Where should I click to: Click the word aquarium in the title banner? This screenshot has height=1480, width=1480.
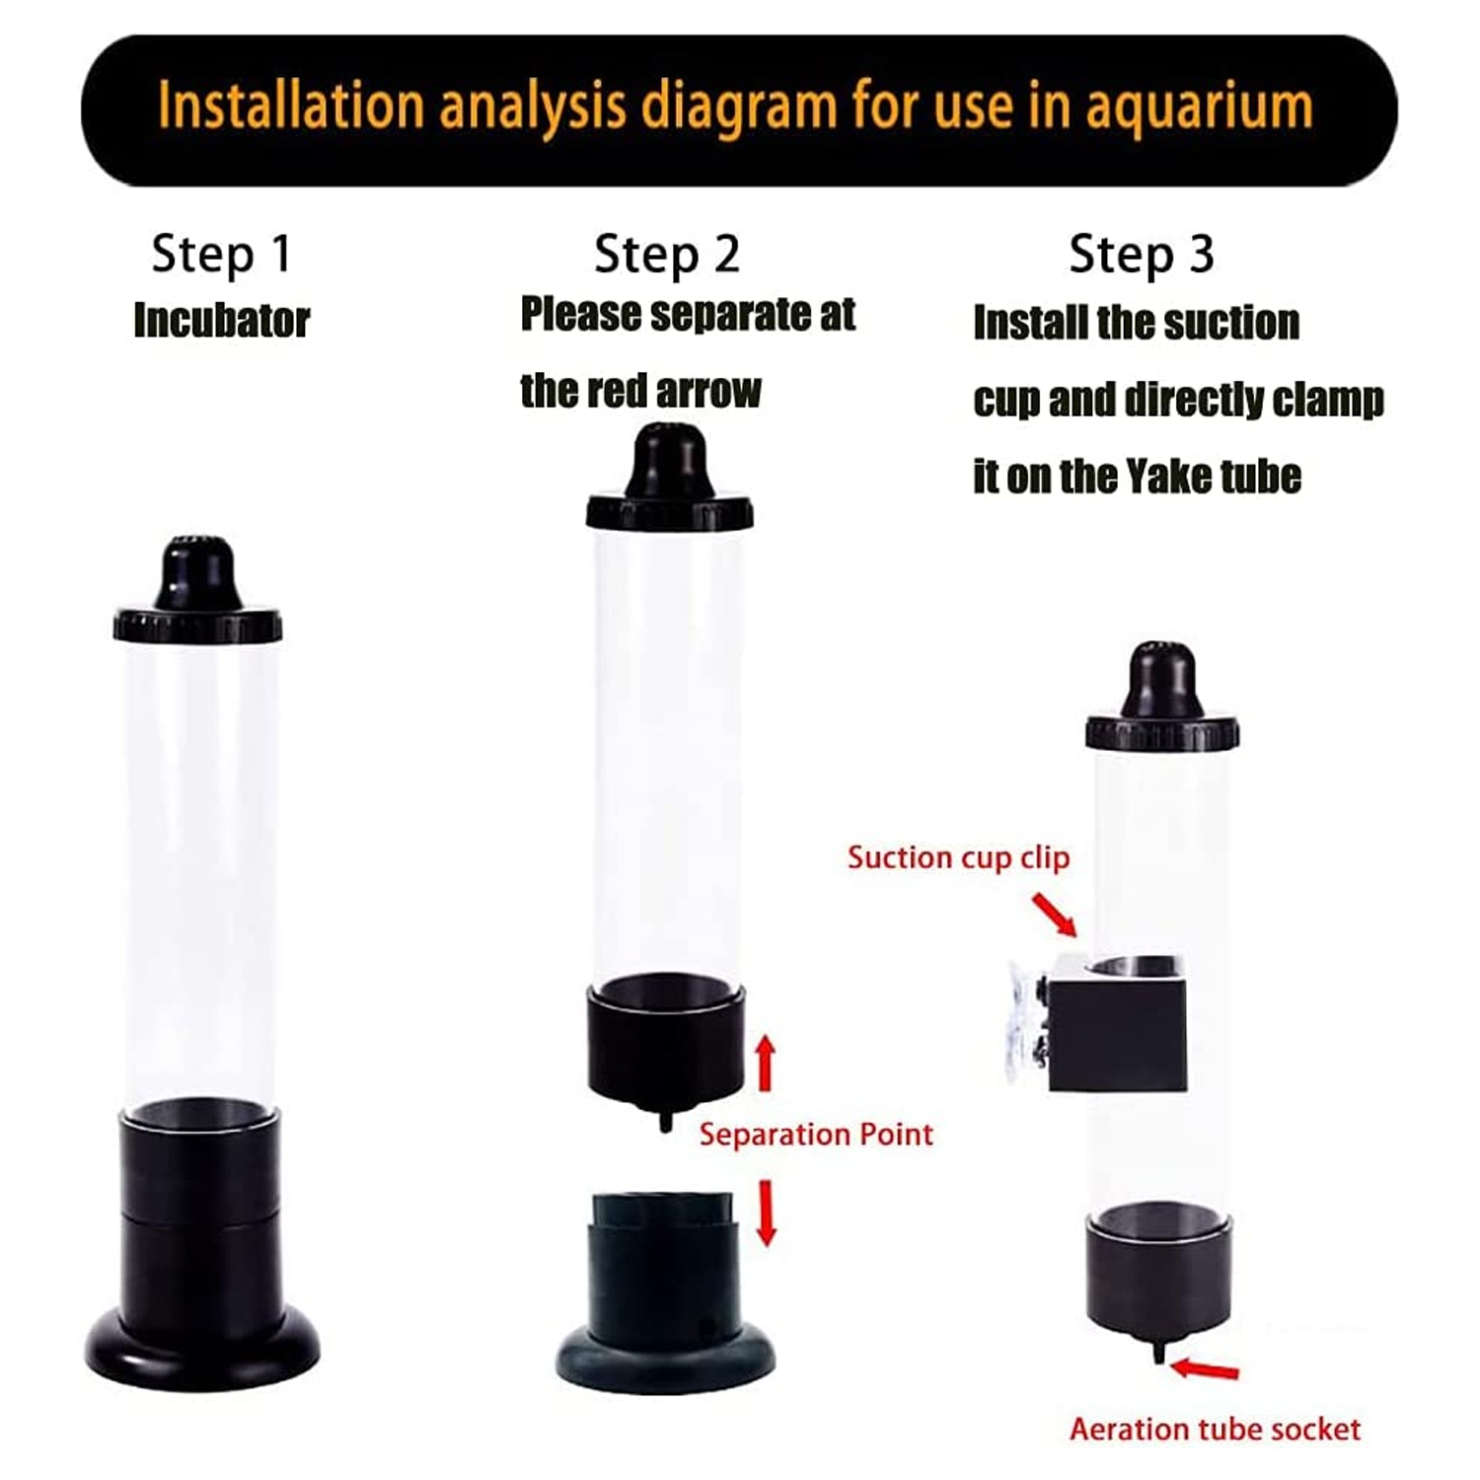point(1200,108)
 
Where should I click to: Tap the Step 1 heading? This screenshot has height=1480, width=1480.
point(221,255)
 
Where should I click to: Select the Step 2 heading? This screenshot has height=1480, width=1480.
point(667,255)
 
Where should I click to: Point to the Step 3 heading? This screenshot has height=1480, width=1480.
point(1142,255)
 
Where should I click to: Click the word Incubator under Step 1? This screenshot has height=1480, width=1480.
point(222,321)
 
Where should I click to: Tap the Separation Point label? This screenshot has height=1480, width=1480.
point(816,1135)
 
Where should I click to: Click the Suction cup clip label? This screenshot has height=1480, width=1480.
point(958,858)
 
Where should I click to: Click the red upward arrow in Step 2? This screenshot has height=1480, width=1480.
point(765,1064)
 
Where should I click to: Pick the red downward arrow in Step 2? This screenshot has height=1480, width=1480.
point(766,1212)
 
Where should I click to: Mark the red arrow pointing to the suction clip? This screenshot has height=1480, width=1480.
point(1055,914)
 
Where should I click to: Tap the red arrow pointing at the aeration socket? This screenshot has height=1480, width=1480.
point(1205,1369)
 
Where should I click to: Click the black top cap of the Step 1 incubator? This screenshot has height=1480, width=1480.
point(197,593)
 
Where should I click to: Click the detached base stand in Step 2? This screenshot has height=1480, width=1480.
point(665,1293)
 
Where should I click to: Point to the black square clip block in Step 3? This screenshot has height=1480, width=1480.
point(1117,1023)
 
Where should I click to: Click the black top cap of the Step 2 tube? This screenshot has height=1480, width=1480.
point(670,479)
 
